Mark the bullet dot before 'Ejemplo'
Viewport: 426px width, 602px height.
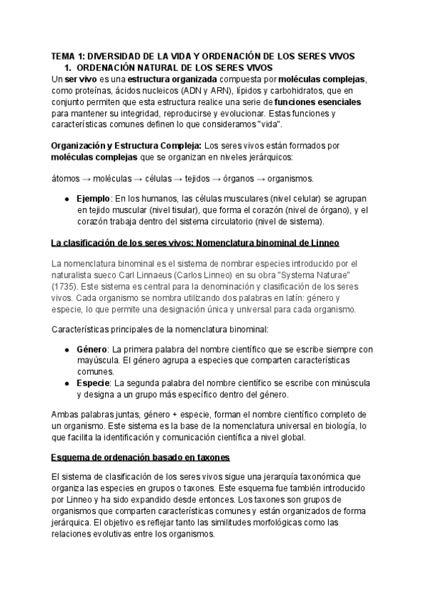pyautogui.click(x=66, y=199)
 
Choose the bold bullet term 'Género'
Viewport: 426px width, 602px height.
pyautogui.click(x=91, y=349)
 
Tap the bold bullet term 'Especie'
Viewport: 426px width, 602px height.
pyautogui.click(x=92, y=383)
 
